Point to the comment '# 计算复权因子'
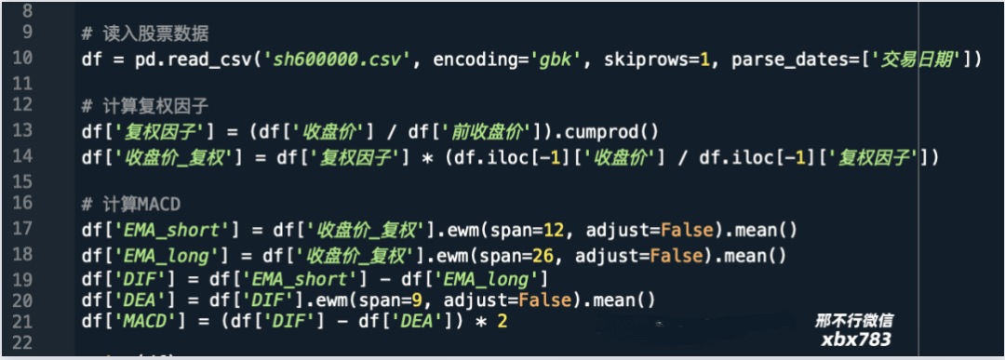point(144,106)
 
